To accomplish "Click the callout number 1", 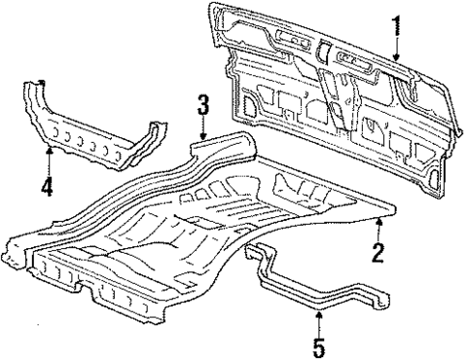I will (395, 23).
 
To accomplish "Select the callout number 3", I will (204, 104).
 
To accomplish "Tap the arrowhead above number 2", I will (379, 222).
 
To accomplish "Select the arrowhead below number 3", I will (204, 138).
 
